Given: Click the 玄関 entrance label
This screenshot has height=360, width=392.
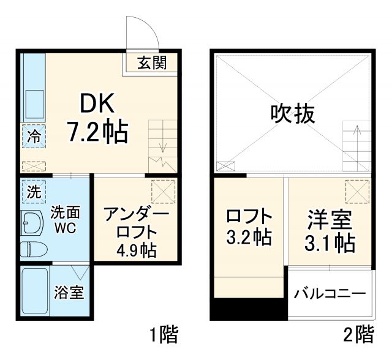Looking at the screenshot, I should tap(151, 62).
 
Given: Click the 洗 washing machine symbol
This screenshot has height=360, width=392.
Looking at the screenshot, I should tap(33, 191).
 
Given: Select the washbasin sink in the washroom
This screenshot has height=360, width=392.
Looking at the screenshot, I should tap(31, 222).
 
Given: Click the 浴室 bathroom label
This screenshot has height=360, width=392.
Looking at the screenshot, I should tap(69, 293).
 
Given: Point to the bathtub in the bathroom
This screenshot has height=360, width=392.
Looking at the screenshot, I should tap(34, 293).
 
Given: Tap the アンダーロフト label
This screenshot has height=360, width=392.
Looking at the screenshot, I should tap(135, 223).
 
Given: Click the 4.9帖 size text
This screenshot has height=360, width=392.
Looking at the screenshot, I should tap(137, 250).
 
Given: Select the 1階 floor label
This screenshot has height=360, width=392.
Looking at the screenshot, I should tap(164, 334).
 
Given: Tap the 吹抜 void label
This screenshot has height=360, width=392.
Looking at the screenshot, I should tap(293, 113).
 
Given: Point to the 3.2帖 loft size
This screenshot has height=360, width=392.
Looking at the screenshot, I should tap(248, 237).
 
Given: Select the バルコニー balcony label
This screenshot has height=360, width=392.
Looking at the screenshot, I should tap(330, 292).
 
